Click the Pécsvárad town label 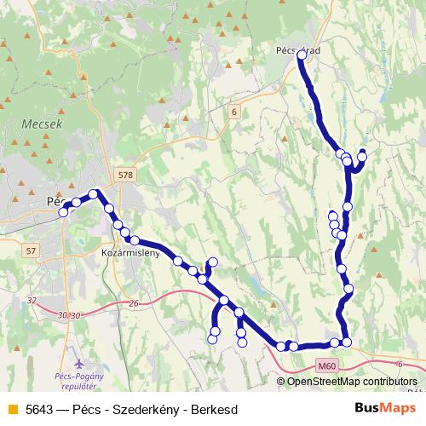click(299, 50)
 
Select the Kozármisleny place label click(124, 255)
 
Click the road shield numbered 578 click(126, 175)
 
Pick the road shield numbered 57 click(32, 250)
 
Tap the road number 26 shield click(134, 303)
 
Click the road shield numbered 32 click(32, 300)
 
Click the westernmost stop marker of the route click(63, 213)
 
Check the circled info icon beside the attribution click(281, 382)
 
